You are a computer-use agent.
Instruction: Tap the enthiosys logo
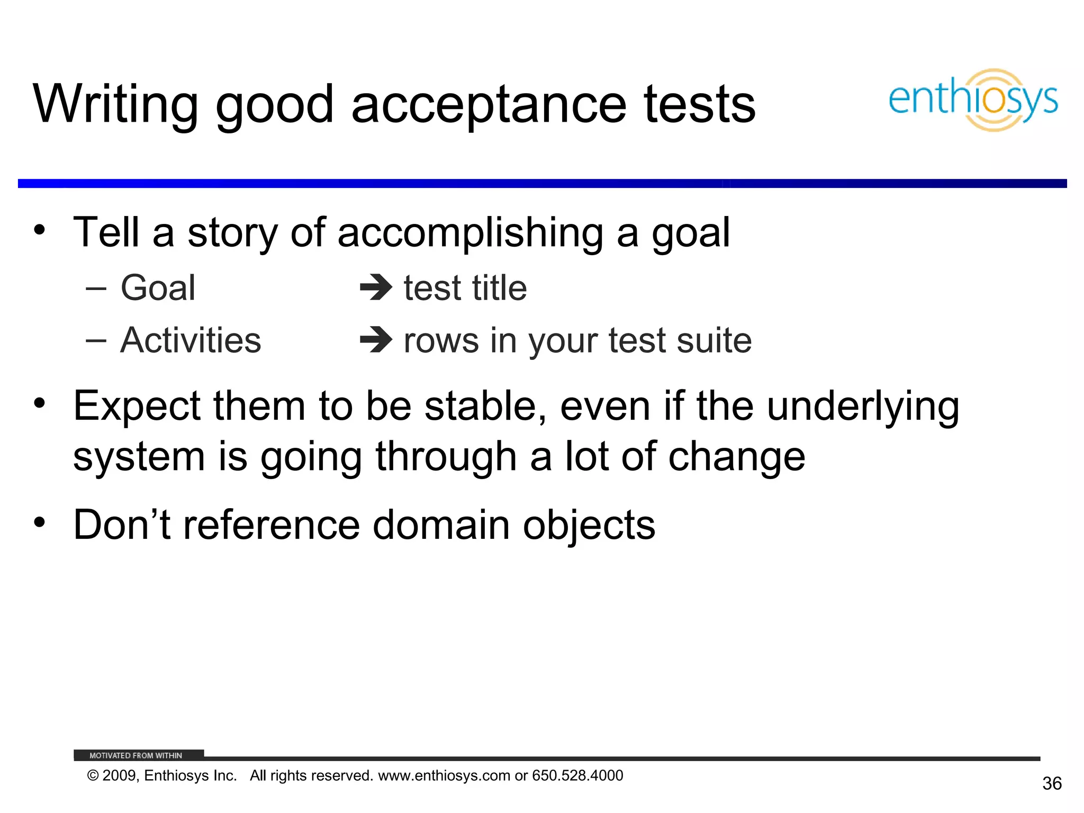pos(973,100)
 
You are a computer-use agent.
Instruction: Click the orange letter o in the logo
pos(994,100)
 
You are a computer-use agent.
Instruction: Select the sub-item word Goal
pos(158,288)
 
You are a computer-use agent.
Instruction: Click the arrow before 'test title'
pos(376,288)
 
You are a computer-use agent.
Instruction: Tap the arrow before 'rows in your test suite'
pos(376,340)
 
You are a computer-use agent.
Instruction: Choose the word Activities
pos(191,340)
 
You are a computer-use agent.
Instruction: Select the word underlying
pos(863,406)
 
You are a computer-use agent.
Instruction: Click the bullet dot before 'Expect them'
pos(39,403)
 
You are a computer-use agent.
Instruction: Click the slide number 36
pos(1052,783)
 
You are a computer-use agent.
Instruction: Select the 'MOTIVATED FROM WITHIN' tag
pos(136,755)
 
